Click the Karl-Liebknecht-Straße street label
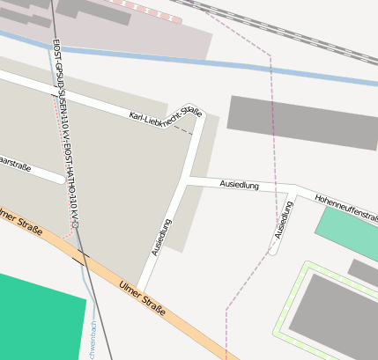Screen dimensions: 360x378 165,114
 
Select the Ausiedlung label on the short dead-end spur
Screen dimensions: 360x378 283,220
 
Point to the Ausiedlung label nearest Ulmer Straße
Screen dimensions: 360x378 161,238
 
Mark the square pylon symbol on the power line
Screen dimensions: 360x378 76,224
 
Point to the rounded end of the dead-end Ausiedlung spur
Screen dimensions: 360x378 273,250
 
